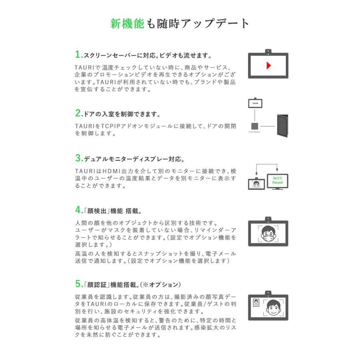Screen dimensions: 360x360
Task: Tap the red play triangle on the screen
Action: pos(269,65)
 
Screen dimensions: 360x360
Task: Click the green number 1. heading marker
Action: pos(78,54)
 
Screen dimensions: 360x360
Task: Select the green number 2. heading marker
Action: pos(78,113)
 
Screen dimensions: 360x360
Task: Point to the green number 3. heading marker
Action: pos(78,158)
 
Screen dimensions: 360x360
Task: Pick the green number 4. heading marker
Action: pos(78,210)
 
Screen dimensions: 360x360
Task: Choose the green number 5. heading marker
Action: pos(78,284)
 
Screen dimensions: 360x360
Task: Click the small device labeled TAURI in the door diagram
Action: pos(256,103)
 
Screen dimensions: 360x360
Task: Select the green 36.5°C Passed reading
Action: pos(277,180)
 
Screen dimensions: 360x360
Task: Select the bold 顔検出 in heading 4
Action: pos(94,210)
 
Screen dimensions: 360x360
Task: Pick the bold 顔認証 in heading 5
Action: pos(94,285)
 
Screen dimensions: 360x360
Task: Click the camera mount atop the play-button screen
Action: pos(268,51)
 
